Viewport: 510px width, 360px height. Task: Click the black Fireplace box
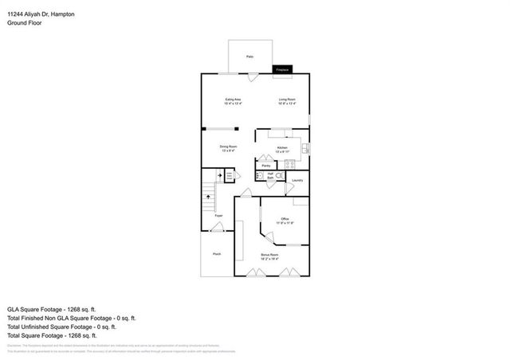[x=282, y=70]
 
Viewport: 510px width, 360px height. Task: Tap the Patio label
[x=249, y=57]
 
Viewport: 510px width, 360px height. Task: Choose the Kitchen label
[x=281, y=149]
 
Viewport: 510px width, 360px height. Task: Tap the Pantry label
[x=266, y=166]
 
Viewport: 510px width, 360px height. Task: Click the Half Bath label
[x=271, y=175]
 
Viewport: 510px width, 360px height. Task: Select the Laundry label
[x=297, y=180]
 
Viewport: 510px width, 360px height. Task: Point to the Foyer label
[x=218, y=215]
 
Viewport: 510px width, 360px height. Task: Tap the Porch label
[x=216, y=254]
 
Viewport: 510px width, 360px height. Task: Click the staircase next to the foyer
[x=209, y=194]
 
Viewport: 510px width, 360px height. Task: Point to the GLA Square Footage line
[x=52, y=309]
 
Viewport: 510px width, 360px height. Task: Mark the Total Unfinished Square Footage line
[x=62, y=327]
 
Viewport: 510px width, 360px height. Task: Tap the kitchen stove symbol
[x=289, y=164]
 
